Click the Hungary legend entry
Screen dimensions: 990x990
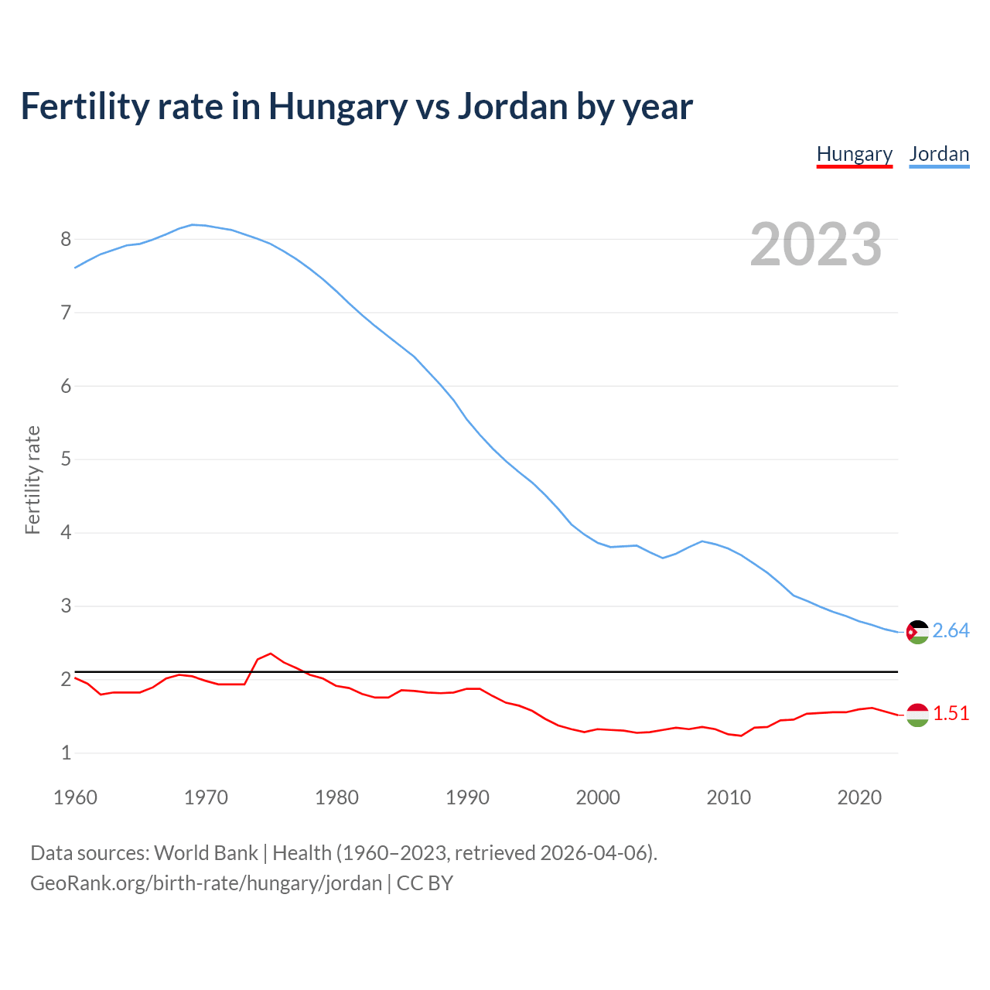pos(855,154)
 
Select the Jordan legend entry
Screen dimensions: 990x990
pos(939,154)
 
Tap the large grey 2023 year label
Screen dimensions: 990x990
pos(816,244)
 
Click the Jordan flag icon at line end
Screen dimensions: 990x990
pos(917,632)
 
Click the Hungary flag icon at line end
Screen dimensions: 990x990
pos(917,715)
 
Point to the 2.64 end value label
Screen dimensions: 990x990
pos(951,631)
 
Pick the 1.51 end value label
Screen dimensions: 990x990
pos(951,714)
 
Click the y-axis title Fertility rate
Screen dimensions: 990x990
pos(32,480)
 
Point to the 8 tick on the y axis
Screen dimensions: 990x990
pos(66,240)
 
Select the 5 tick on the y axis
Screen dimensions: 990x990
pos(66,459)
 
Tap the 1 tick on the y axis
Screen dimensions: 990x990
pos(66,753)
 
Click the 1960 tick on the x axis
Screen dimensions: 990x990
pos(75,797)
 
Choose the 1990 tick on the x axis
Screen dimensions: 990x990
pos(467,797)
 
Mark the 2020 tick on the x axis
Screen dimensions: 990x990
pos(859,797)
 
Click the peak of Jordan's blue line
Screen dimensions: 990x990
pos(193,224)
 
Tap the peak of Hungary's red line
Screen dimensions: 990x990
pos(271,654)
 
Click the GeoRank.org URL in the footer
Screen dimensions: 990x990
pos(206,883)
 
